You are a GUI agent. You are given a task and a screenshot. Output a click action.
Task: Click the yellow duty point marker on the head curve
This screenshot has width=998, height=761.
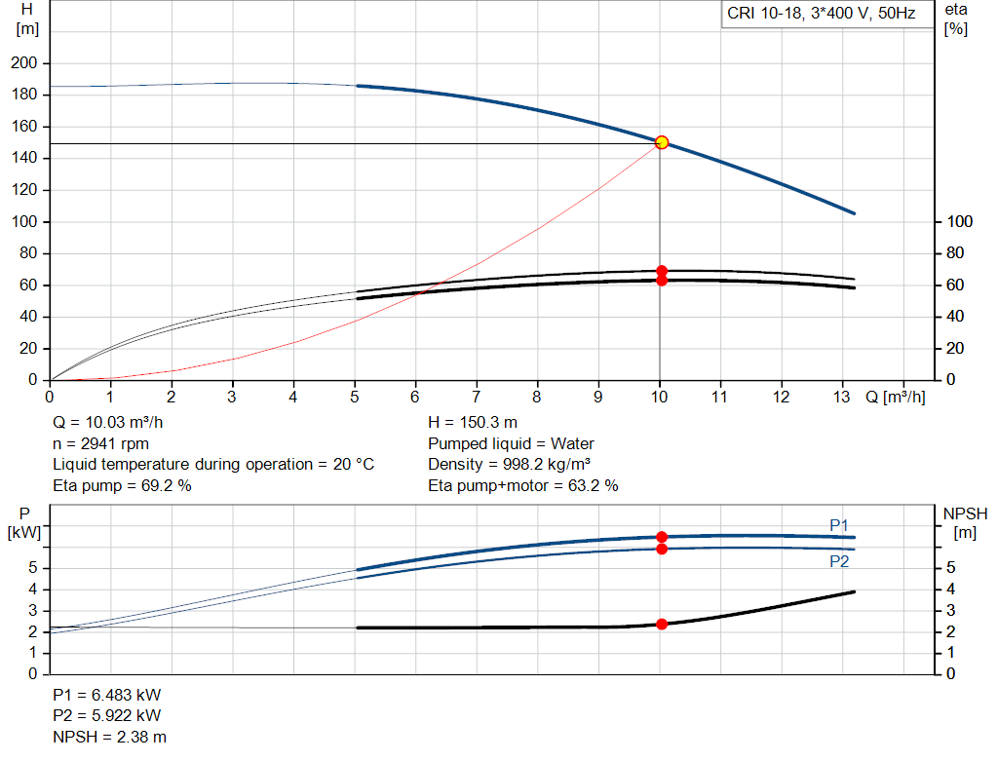coord(662,142)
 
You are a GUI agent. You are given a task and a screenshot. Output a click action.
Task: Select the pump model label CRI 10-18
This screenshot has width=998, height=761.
coord(821,14)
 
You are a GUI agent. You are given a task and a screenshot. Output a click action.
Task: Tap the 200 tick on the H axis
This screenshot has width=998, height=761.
coord(23,63)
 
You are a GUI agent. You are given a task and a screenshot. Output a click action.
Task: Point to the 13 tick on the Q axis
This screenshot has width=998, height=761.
coord(843,397)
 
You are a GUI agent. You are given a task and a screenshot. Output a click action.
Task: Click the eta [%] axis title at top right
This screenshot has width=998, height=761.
coord(956,19)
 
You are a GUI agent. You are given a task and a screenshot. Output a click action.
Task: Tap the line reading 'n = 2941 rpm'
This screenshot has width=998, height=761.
coord(100,443)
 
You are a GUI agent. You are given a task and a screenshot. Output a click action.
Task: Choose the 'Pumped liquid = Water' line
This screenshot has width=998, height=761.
coord(511,443)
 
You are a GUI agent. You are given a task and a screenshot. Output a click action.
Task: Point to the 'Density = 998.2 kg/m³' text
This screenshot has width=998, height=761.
coord(510,465)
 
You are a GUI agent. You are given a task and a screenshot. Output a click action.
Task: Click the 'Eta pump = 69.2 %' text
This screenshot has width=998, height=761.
coord(122,485)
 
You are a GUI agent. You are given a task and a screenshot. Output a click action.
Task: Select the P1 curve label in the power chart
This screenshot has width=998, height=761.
coord(839,525)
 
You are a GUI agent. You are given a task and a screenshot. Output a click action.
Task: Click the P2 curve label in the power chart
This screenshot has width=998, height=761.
coord(839,561)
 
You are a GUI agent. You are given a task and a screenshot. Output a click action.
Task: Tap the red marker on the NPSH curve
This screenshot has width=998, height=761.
coord(662,624)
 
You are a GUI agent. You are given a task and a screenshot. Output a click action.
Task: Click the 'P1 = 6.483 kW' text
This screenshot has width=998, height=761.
coord(108,697)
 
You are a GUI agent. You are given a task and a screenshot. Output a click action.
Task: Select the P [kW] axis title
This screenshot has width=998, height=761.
coord(23,522)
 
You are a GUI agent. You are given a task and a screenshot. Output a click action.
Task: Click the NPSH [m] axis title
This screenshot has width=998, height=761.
coord(964,522)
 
